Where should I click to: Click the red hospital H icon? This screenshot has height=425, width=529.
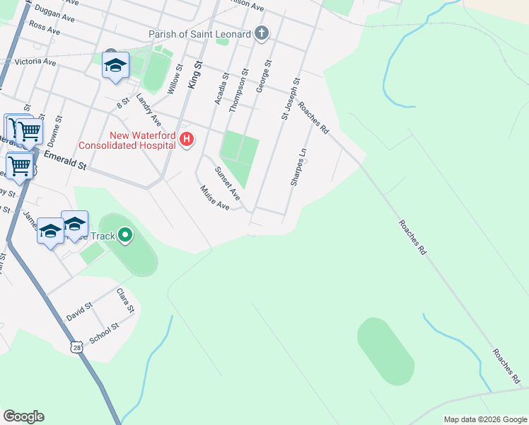tap(187, 138)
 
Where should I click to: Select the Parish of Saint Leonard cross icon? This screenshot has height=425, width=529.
tap(262, 33)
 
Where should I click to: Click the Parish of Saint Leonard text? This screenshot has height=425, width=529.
tap(199, 34)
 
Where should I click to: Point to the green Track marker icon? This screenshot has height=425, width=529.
tap(125, 234)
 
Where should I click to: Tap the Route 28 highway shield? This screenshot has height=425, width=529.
tap(76, 346)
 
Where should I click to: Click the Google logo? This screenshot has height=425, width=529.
tap(23, 416)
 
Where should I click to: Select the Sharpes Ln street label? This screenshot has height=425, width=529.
tap(298, 167)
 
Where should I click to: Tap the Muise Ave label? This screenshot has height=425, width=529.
tap(215, 198)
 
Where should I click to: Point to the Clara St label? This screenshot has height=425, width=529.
tap(125, 300)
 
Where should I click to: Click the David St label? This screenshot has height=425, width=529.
tap(79, 312)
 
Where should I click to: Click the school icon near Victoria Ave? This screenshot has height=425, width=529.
tap(115, 67)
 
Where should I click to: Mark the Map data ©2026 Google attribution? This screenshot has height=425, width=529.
tap(484, 419)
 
